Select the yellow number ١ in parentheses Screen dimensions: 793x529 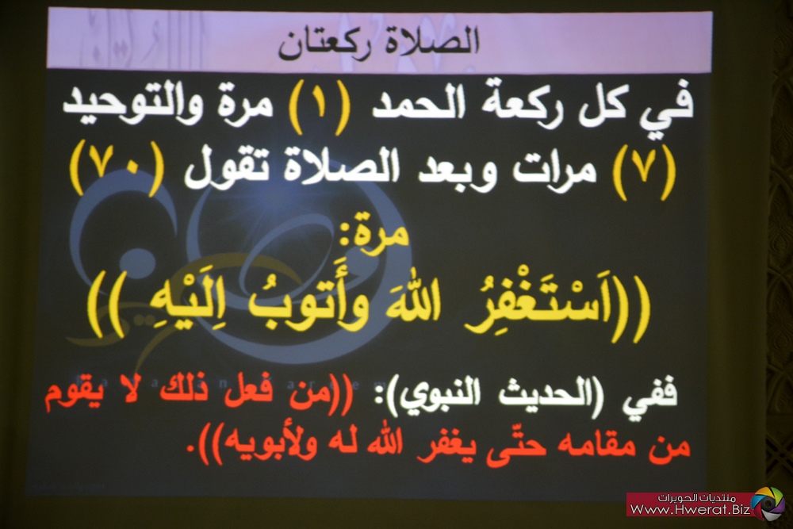point(320,107)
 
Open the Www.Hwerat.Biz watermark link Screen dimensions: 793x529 point(690,509)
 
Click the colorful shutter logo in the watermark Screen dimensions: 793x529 point(768,502)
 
